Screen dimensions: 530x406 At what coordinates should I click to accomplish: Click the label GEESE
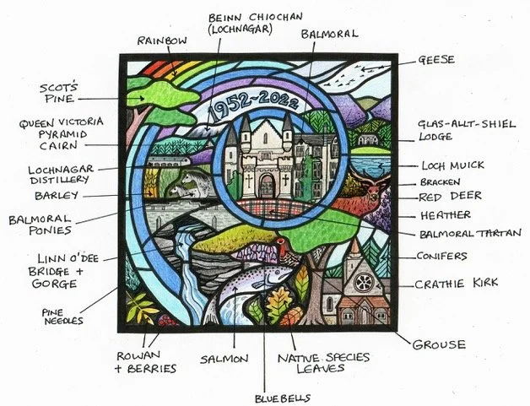(x=437, y=61)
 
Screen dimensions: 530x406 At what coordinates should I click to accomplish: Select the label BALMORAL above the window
(x=330, y=34)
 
